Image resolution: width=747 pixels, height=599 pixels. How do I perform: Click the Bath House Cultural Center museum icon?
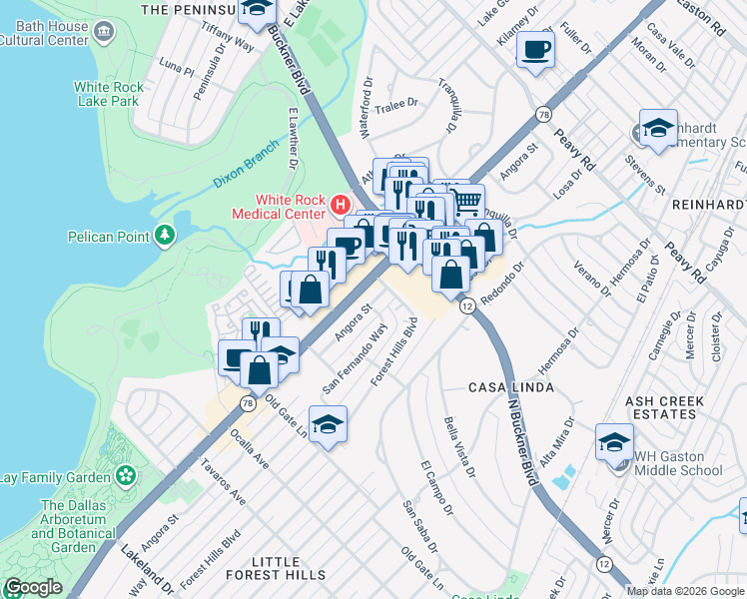102,32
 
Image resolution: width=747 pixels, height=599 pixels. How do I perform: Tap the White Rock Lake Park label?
109,95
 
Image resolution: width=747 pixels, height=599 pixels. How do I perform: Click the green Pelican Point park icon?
165,236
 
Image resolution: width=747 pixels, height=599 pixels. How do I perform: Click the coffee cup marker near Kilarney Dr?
535,48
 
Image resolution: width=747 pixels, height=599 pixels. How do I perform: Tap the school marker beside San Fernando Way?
328,425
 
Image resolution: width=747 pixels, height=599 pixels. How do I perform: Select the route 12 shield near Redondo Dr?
466,306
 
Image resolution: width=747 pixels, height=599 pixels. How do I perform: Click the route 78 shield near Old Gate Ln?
246,402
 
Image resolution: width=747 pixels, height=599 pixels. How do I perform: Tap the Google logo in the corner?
33,587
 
